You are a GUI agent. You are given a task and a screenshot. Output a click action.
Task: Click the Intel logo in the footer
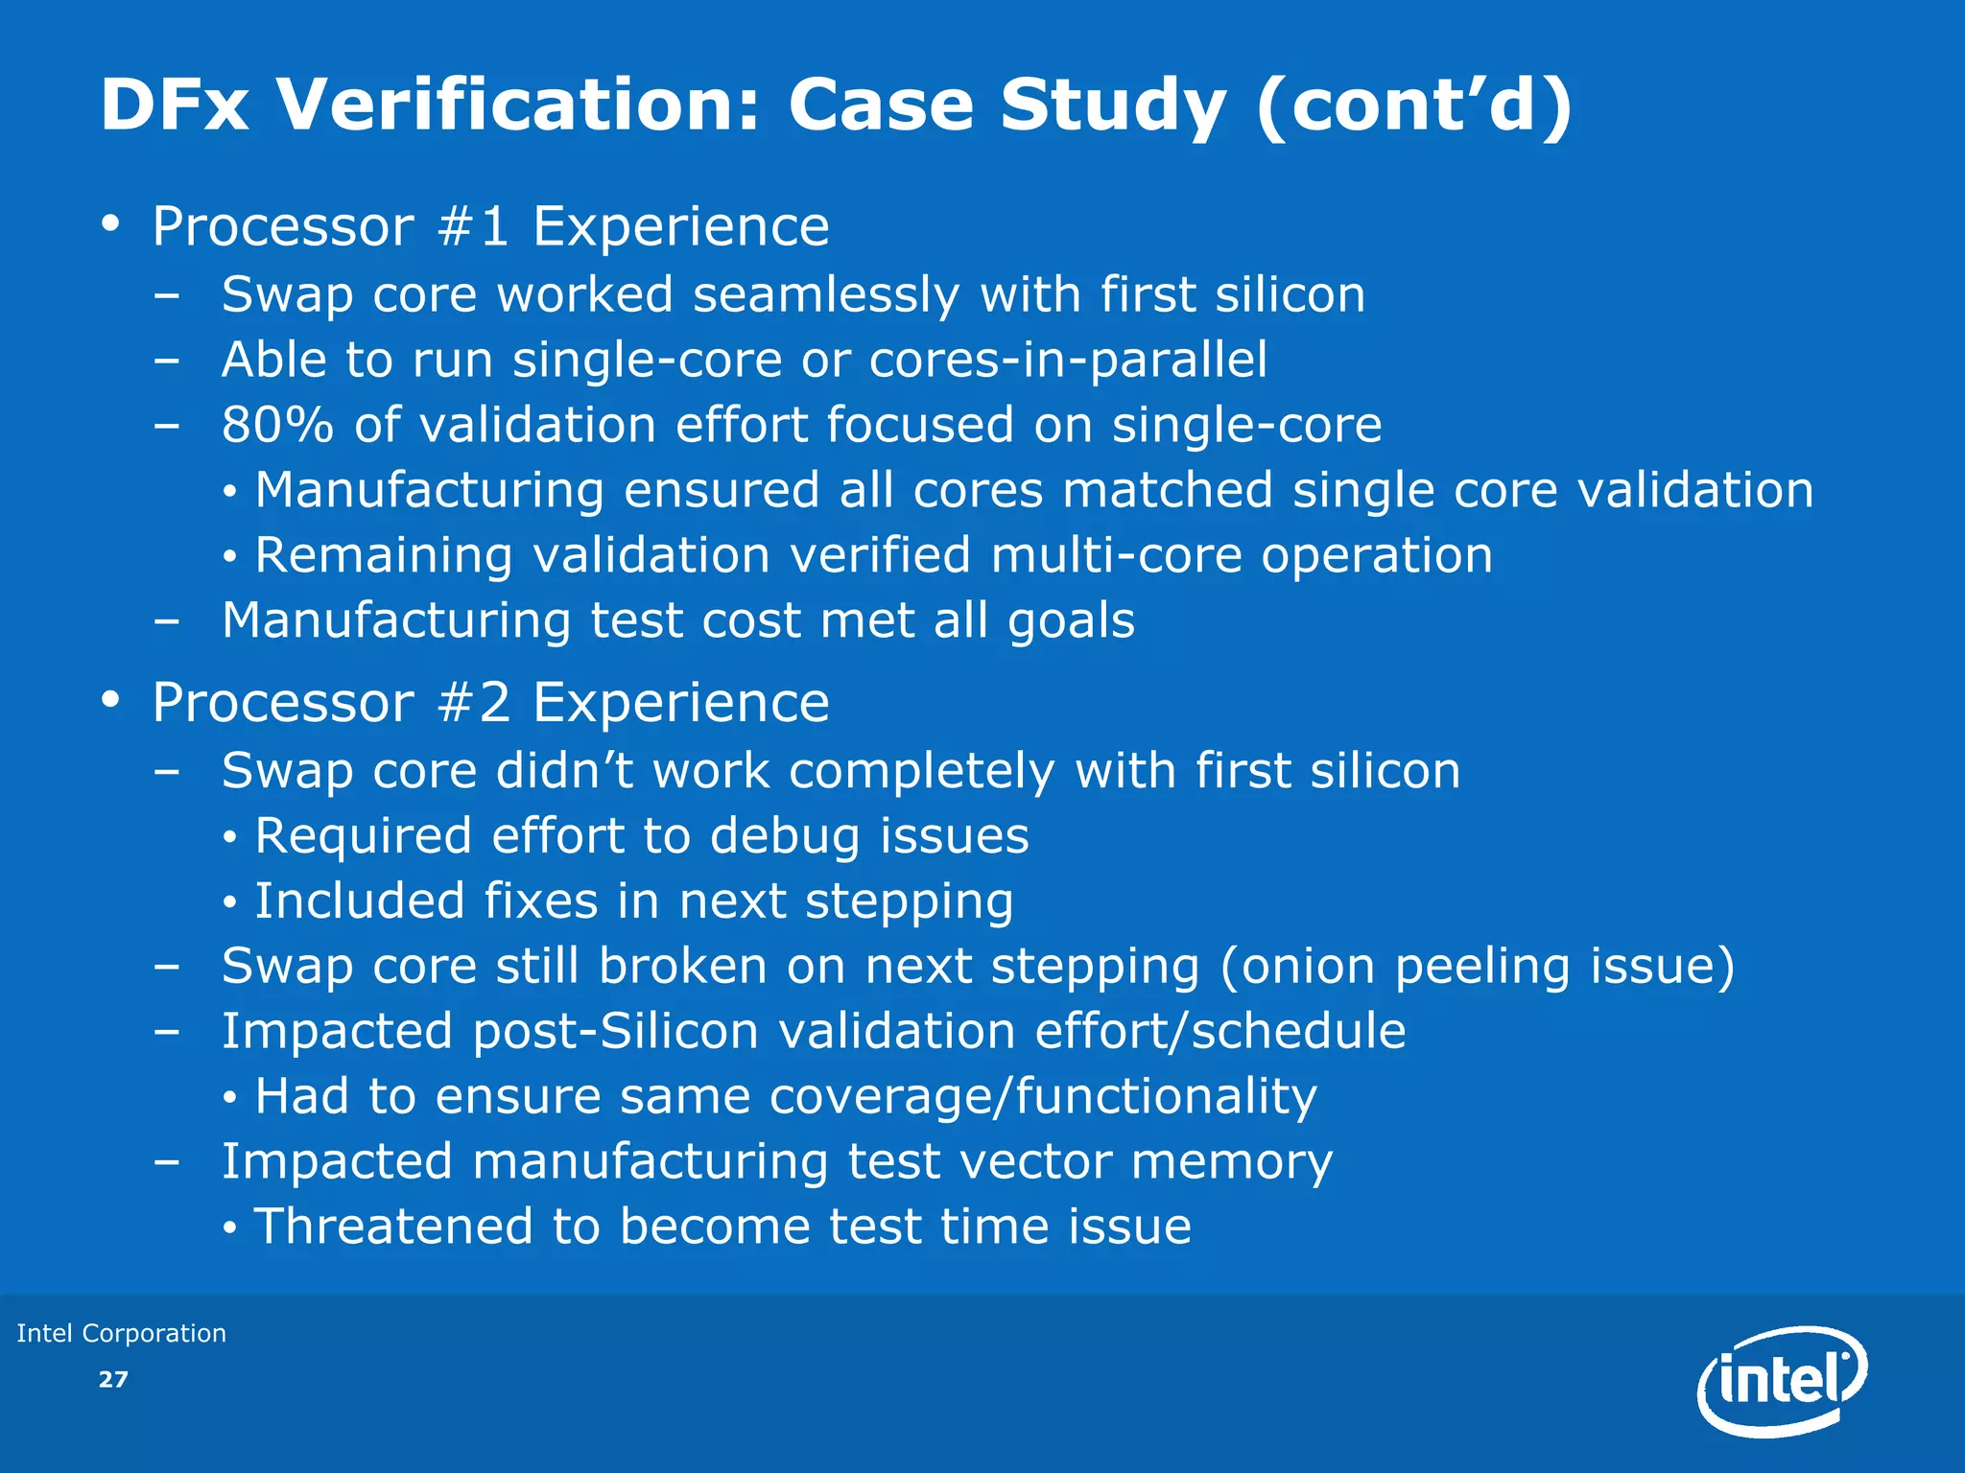1782,1381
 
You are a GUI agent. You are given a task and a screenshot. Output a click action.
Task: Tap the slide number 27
113,1379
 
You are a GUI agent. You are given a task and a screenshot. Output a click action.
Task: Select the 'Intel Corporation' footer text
122,1333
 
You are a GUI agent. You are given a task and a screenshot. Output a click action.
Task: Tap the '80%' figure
277,425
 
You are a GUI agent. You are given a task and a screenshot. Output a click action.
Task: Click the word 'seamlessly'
826,294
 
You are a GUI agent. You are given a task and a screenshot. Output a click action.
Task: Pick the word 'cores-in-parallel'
1068,360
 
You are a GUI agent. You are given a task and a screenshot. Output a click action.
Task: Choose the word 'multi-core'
1116,556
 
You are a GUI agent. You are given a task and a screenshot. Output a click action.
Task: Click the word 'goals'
1071,620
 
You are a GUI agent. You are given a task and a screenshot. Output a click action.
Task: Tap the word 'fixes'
539,900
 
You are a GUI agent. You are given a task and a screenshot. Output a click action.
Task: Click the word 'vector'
1035,1161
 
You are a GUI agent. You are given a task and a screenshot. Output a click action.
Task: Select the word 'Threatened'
393,1227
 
